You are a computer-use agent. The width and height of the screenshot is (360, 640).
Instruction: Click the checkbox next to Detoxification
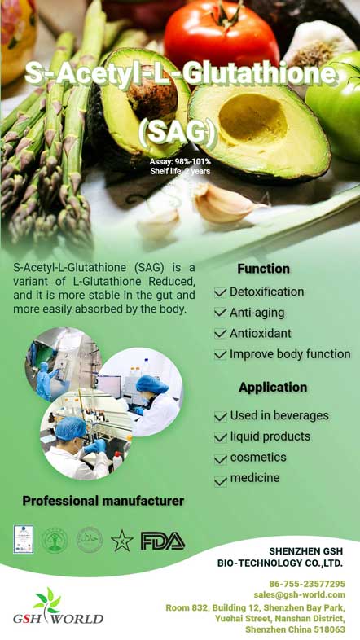point(221,292)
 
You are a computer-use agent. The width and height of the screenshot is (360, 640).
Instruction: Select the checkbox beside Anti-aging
point(221,313)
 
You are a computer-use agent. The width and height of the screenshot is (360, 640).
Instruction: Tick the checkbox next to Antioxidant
point(221,334)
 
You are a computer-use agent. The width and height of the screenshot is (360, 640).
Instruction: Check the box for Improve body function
point(221,355)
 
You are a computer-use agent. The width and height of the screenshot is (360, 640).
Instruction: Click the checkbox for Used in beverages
point(221,417)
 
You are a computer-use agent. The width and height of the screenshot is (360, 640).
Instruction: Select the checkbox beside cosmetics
point(221,459)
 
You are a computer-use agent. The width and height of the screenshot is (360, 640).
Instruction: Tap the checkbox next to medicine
point(221,480)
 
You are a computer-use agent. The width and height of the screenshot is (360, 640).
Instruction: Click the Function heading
point(263,269)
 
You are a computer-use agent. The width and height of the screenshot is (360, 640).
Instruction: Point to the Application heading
point(273,388)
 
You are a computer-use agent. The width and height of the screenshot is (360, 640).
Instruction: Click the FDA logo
point(163,541)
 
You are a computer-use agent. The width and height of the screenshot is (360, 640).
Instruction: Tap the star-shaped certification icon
point(122,541)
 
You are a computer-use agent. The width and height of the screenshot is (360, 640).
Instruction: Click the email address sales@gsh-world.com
point(299,595)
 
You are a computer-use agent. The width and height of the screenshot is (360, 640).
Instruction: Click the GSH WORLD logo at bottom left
point(48,609)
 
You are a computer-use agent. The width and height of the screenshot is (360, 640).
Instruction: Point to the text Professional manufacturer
point(103,501)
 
